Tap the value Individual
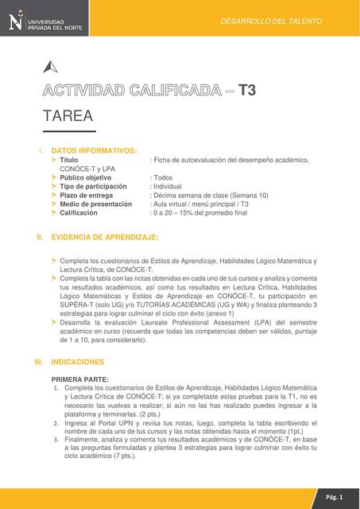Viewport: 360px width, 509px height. (172, 186)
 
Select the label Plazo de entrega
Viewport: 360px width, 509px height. (91, 195)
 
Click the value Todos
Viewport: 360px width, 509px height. (164, 177)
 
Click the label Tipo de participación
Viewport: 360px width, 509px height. (93, 186)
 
